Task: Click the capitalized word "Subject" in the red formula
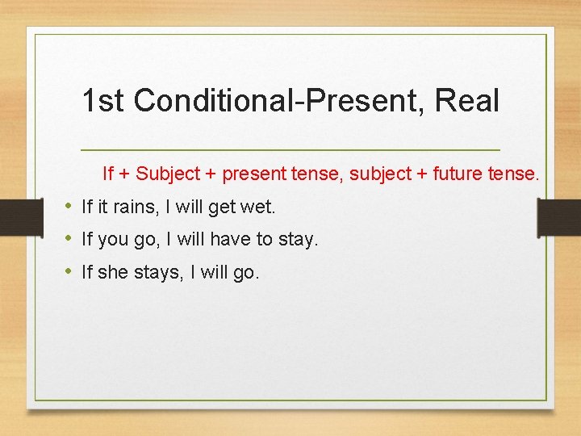(165, 174)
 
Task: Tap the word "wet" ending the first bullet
(260, 208)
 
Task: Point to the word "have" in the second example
(240, 240)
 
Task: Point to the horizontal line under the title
(290, 150)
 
